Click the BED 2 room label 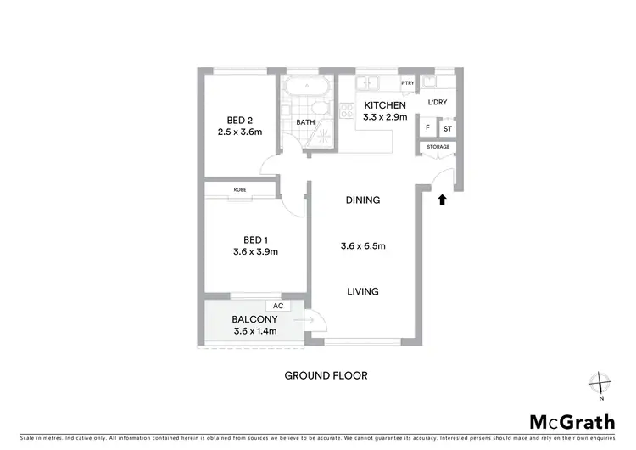tap(237, 119)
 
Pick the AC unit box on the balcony tap(276, 306)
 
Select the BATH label tap(304, 122)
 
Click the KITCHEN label tap(386, 105)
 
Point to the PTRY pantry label tap(407, 83)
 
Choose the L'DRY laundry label tap(438, 102)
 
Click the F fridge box tap(427, 128)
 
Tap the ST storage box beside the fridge tap(447, 128)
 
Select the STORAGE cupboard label tap(438, 147)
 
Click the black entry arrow tap(441, 200)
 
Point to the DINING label tap(362, 200)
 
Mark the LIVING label tap(362, 291)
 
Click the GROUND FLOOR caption tap(326, 374)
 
